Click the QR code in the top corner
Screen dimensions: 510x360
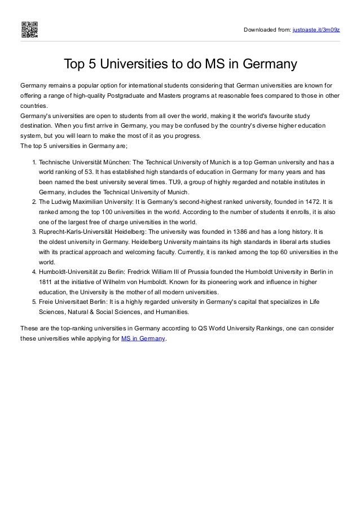coord(29,29)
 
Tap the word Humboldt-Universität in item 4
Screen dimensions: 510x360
coord(69,272)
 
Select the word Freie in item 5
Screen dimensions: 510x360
coord(46,302)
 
